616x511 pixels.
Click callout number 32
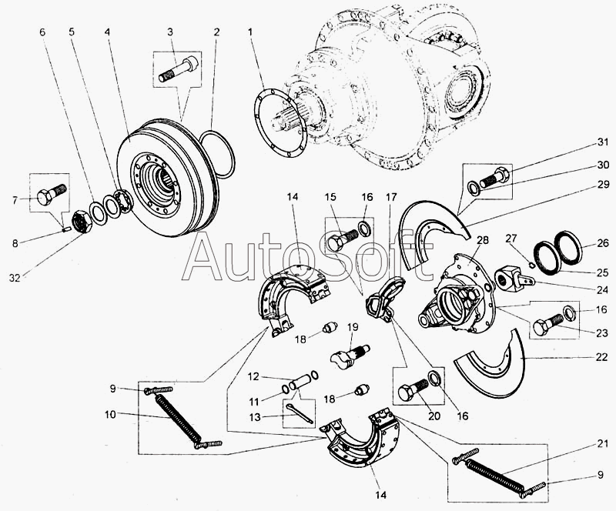tap(15, 278)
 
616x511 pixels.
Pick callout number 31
tap(603, 142)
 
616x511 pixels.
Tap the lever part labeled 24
tap(514, 279)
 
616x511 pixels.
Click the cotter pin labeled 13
tap(300, 413)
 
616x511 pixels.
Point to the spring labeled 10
tap(179, 418)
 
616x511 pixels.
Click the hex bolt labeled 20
tap(413, 389)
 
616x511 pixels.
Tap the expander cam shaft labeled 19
tap(350, 356)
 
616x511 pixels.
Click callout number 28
tap(483, 240)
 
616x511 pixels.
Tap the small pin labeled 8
tap(66, 230)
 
